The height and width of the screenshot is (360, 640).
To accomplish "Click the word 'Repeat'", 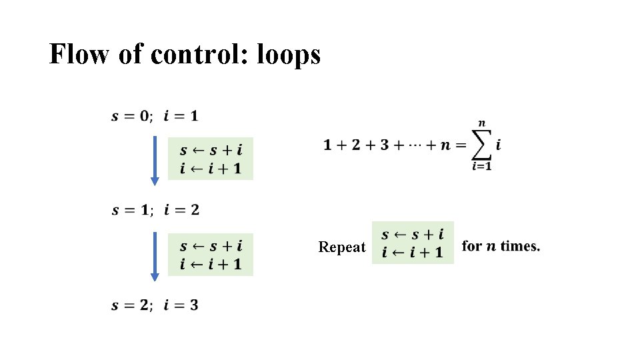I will (x=342, y=247).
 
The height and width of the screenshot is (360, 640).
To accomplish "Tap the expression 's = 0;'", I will (x=132, y=116).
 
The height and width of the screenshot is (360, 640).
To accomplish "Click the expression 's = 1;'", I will (x=132, y=210).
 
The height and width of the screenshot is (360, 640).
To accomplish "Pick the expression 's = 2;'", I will (x=132, y=305).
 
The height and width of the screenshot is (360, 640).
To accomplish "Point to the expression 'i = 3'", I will (x=181, y=305).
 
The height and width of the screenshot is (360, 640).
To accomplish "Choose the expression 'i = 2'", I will (x=181, y=210).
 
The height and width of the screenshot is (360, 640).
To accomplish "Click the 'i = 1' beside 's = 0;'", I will (x=181, y=116).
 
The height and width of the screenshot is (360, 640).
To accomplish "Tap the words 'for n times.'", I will (x=501, y=246).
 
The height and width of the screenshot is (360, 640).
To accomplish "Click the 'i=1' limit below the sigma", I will (x=481, y=167).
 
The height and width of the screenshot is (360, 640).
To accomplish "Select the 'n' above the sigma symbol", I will (x=481, y=123).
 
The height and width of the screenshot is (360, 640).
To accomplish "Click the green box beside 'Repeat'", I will (x=413, y=243).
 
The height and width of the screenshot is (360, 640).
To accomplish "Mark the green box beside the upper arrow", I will (x=211, y=159).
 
